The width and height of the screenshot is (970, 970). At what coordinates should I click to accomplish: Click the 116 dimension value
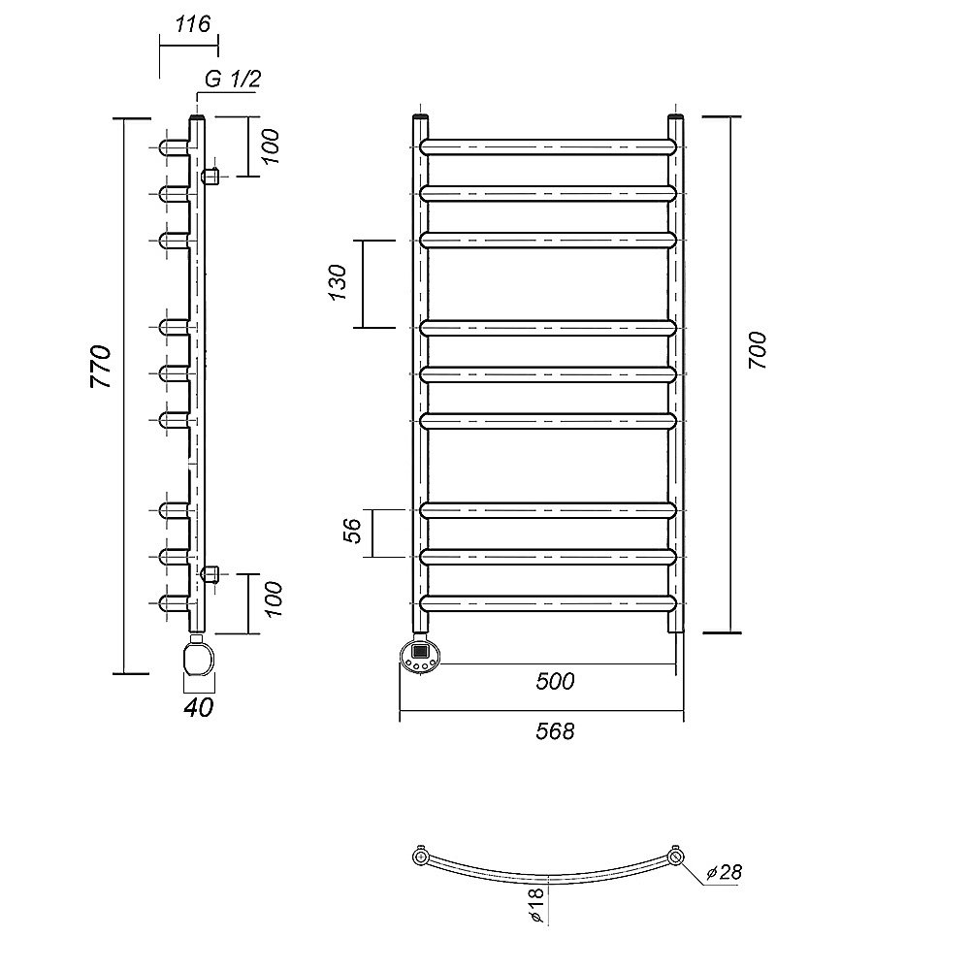[x=192, y=25]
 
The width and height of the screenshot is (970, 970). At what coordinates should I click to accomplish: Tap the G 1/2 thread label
[x=233, y=80]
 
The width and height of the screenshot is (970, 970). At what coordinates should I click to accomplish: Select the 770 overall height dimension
[x=101, y=367]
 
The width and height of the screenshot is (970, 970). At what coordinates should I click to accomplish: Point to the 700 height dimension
[x=758, y=350]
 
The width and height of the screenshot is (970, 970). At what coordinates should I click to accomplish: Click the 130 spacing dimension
[x=338, y=282]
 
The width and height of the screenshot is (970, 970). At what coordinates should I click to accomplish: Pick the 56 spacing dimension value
[x=352, y=531]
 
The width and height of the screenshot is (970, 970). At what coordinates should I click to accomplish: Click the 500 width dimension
[x=555, y=681]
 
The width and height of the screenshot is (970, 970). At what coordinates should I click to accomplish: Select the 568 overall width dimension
[x=555, y=731]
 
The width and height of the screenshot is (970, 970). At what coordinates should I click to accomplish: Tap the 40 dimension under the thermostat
[x=199, y=707]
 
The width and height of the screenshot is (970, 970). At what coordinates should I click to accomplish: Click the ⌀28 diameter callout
[x=724, y=872]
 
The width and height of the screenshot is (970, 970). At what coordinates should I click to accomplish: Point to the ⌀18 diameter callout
[x=536, y=905]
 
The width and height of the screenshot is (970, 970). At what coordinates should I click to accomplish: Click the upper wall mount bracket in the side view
[x=210, y=177]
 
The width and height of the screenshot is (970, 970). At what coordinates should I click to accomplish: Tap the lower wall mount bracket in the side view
[x=210, y=574]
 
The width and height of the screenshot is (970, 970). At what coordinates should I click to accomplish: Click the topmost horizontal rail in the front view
[x=548, y=146]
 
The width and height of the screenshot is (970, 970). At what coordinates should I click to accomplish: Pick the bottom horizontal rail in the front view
[x=548, y=603]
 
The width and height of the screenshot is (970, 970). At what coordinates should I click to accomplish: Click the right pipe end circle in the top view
[x=676, y=857]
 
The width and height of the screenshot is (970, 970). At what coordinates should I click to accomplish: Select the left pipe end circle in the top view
[x=421, y=857]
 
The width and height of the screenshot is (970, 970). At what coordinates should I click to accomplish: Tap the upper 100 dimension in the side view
[x=271, y=146]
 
